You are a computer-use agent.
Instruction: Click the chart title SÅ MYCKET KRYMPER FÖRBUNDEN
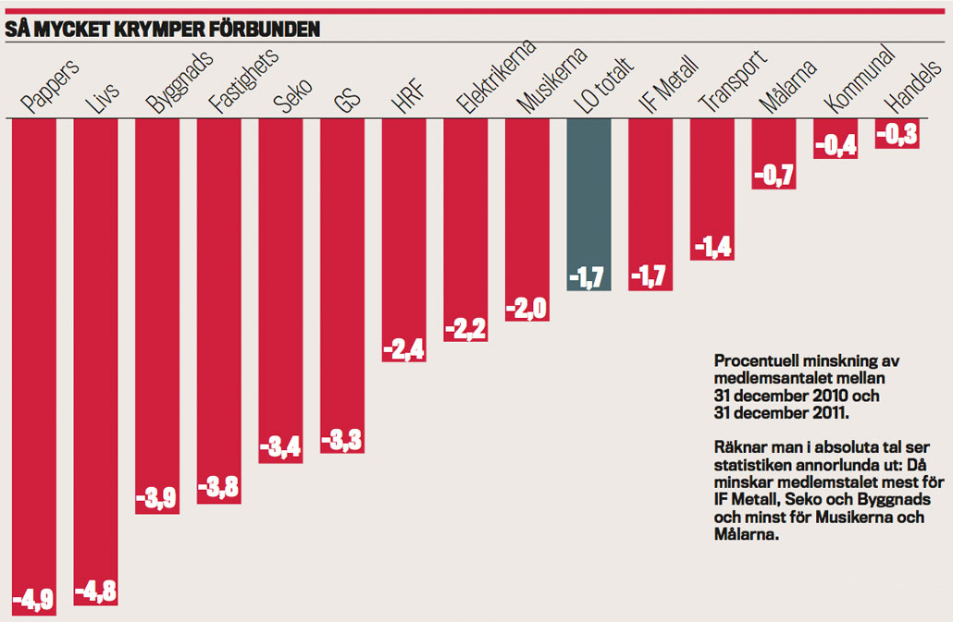pos(163,30)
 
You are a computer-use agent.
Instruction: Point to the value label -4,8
pos(96,590)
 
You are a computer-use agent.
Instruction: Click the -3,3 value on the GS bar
pos(342,440)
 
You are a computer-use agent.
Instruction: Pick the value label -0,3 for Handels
pos(897,135)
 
